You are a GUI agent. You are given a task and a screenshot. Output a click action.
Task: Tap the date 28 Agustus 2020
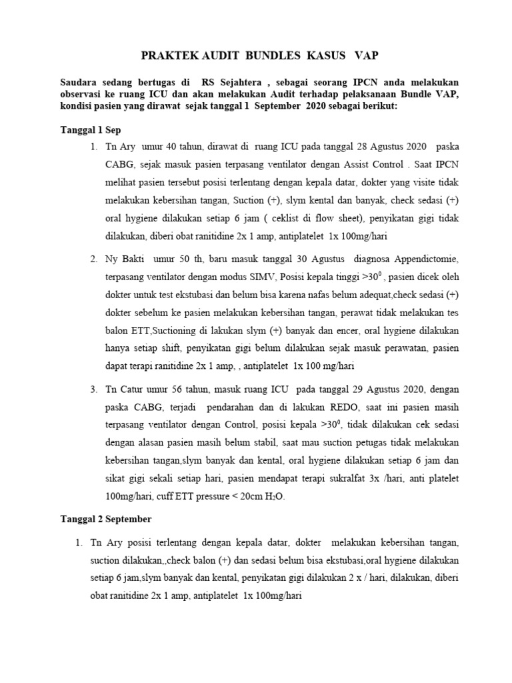(x=374, y=146)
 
